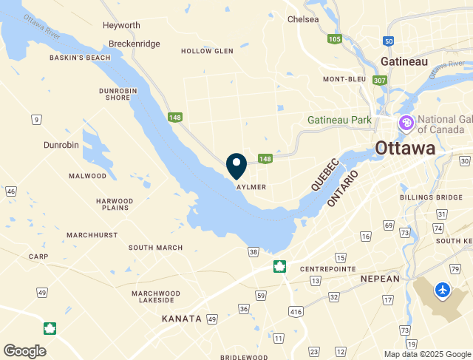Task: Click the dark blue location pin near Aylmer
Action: click(x=236, y=165)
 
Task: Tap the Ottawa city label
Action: click(x=405, y=148)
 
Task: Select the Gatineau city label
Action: click(x=404, y=61)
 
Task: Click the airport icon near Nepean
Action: click(x=443, y=290)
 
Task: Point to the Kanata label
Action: click(x=182, y=319)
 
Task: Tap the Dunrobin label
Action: click(x=61, y=145)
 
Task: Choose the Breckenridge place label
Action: click(x=134, y=44)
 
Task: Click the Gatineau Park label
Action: click(x=340, y=119)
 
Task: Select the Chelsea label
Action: click(x=303, y=19)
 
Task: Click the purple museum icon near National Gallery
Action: click(x=406, y=123)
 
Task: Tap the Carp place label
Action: click(x=38, y=257)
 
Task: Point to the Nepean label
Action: click(x=380, y=279)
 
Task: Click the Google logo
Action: click(x=25, y=350)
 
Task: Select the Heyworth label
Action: click(x=122, y=25)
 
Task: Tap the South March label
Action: click(x=156, y=248)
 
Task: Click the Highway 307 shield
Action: click(x=381, y=80)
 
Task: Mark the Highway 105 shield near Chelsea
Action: click(x=335, y=38)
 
